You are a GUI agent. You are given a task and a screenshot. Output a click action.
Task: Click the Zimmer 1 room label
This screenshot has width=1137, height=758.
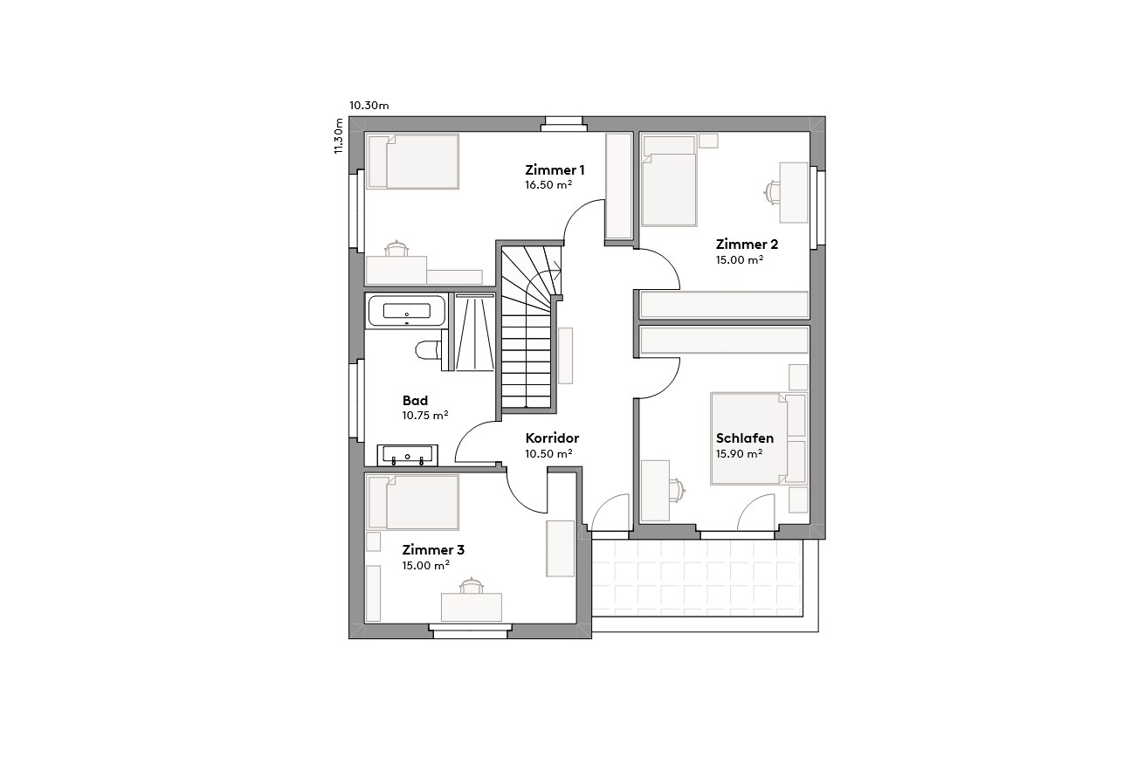click(x=555, y=169)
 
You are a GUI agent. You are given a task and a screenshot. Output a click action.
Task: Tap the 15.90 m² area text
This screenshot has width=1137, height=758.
click(x=739, y=454)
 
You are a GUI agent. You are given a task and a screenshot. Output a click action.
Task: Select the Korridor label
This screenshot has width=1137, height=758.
click(x=552, y=438)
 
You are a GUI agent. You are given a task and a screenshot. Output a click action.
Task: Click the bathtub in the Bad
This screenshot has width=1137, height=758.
click(x=406, y=311)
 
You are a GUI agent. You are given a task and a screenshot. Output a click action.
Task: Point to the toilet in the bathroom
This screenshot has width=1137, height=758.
click(x=428, y=350)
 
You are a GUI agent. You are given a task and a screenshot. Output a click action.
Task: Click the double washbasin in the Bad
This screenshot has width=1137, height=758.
click(x=407, y=455)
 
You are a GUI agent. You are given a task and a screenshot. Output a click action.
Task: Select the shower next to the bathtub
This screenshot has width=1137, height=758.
click(x=474, y=333)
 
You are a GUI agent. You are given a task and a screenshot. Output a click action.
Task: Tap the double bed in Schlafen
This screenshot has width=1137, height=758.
click(x=749, y=438)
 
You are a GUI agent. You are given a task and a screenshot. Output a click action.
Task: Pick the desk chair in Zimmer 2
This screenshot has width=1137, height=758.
click(x=772, y=190)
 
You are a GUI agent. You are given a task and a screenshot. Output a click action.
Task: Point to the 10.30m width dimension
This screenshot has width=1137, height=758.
click(x=369, y=106)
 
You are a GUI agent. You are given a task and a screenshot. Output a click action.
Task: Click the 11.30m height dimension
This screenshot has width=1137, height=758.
click(x=339, y=136)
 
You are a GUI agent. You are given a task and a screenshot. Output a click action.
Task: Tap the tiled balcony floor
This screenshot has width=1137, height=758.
click(x=696, y=577)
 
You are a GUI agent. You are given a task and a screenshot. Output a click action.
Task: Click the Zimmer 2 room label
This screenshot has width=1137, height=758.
click(x=746, y=244)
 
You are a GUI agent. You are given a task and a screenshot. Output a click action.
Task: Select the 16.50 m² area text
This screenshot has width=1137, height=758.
click(x=548, y=185)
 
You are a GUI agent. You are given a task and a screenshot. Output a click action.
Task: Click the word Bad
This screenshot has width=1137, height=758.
click(x=415, y=401)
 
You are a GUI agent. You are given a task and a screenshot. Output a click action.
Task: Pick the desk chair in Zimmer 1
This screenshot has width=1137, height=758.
click(x=398, y=248)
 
